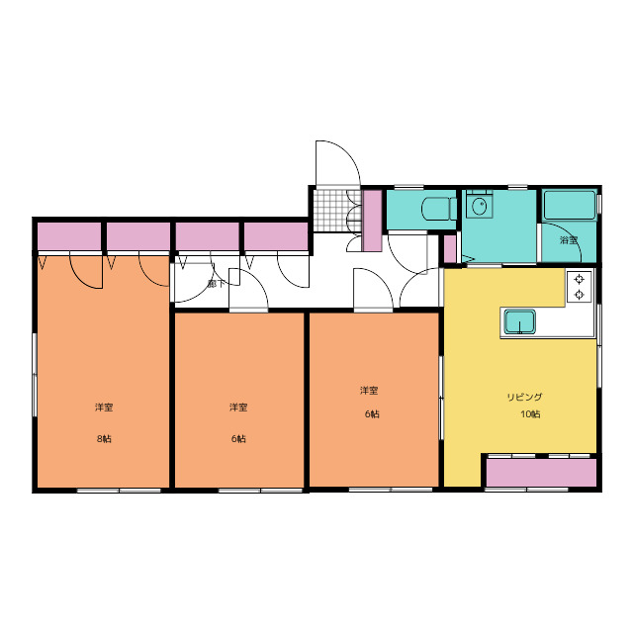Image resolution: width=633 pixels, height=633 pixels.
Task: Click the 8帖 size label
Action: pos(104,438)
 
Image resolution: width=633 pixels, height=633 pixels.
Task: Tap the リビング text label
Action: pos(524,397)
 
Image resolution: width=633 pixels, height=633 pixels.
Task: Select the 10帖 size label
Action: pos(530,414)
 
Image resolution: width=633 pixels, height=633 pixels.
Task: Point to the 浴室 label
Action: pos(569,240)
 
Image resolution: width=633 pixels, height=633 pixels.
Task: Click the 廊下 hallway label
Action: pos(216,284)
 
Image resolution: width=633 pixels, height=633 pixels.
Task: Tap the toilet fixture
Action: pos(439,209)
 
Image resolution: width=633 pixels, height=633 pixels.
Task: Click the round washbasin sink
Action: pos(480,207)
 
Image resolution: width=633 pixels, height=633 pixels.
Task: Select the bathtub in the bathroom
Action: pos(570,206)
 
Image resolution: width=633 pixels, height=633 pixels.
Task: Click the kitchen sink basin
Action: pos(520,321)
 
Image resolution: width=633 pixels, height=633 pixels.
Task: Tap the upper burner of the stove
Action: pos(580,279)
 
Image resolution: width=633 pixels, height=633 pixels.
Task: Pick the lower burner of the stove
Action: pos(580,295)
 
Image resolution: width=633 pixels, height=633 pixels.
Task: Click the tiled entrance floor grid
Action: pos(333,211)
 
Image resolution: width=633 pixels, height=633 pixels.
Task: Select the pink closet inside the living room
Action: pos(541,473)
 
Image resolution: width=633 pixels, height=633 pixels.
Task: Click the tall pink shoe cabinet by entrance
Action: pos(372,221)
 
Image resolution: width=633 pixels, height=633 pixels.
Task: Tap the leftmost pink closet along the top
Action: pos(69,236)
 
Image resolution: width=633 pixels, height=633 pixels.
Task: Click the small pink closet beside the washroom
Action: pos(450,248)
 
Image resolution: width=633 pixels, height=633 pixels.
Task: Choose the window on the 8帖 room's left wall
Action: pos(35,375)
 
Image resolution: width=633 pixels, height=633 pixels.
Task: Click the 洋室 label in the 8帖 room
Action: pos(104,407)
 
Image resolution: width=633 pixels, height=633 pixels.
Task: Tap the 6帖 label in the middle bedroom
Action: pos(238,438)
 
